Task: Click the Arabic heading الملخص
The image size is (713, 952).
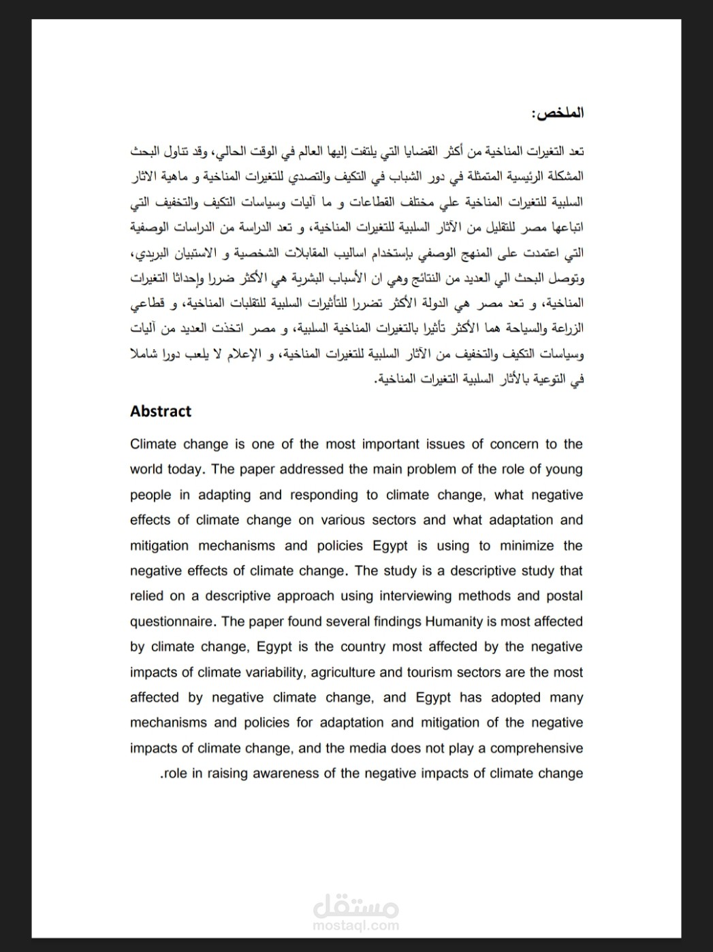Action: click(x=557, y=113)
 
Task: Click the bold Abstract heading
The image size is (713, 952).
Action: click(x=161, y=411)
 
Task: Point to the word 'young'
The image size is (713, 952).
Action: click(x=565, y=470)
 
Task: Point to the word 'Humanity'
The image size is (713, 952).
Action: click(x=453, y=621)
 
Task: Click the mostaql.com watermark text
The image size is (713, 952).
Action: click(x=356, y=925)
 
